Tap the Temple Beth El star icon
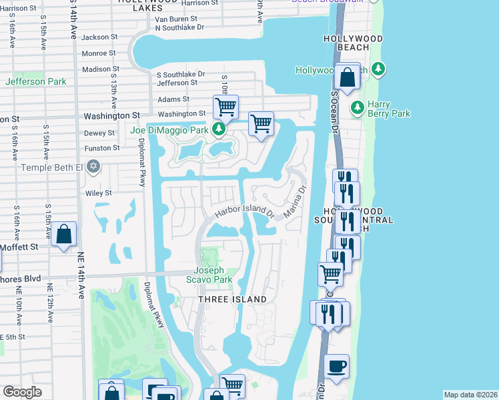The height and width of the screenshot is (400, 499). pyautogui.click(x=93, y=166)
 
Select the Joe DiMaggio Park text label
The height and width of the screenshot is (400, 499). pyautogui.click(x=169, y=129)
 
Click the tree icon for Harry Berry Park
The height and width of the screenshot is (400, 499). pyautogui.click(x=358, y=106)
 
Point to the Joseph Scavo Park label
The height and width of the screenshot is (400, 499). pyautogui.click(x=213, y=275)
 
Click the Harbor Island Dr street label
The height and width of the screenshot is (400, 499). pyautogui.click(x=244, y=213)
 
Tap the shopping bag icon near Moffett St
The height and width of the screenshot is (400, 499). pyautogui.click(x=63, y=235)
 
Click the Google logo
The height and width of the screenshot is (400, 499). pyautogui.click(x=22, y=392)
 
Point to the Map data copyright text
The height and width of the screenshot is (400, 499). pyautogui.click(x=470, y=395)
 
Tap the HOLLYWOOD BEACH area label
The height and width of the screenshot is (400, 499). pyautogui.click(x=354, y=43)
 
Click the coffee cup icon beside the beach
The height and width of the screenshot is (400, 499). pyautogui.click(x=336, y=367)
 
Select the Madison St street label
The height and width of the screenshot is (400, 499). pyautogui.click(x=101, y=69)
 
